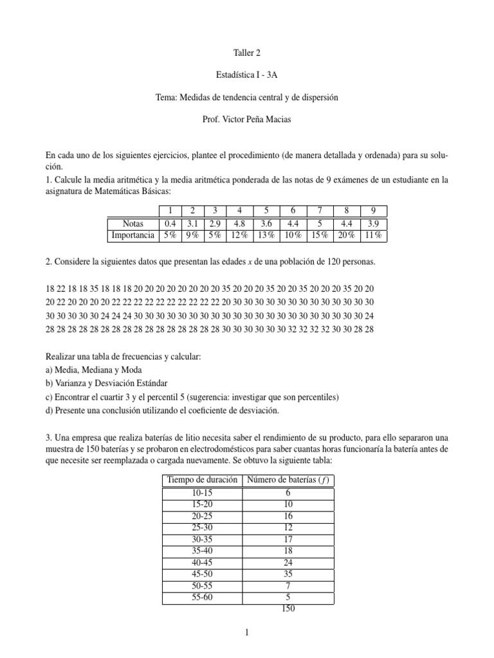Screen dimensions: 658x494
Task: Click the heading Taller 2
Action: click(x=247, y=54)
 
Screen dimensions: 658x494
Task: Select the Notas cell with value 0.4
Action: click(x=170, y=223)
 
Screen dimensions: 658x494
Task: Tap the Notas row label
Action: click(x=133, y=223)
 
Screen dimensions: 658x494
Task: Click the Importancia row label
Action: click(x=133, y=235)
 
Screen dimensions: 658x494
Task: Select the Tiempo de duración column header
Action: click(x=202, y=481)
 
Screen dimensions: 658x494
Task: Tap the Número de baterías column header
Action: click(x=289, y=481)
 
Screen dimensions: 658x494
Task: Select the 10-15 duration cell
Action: click(x=202, y=492)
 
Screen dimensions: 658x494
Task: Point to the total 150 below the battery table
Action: click(x=288, y=609)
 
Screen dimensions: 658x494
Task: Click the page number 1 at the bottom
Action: click(x=247, y=632)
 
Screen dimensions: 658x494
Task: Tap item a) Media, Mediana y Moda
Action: click(x=93, y=370)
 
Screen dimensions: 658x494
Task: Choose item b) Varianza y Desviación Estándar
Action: click(x=110, y=384)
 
